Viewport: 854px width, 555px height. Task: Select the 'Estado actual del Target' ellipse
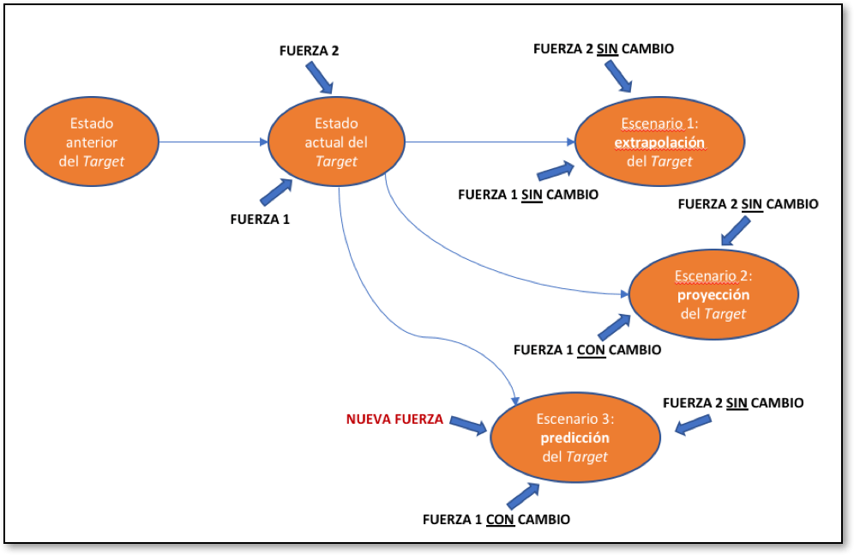click(x=336, y=142)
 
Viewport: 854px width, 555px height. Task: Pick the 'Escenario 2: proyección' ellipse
click(x=713, y=294)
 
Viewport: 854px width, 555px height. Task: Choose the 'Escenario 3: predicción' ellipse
click(x=574, y=437)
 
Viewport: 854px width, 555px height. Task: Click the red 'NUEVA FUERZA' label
click(x=394, y=419)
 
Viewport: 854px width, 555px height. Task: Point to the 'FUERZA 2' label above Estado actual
click(x=309, y=51)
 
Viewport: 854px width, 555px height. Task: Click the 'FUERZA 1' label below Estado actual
click(x=260, y=219)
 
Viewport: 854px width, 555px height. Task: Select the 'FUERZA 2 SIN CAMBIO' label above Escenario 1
click(x=604, y=48)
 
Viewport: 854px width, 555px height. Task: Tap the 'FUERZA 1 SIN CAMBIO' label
click(x=528, y=195)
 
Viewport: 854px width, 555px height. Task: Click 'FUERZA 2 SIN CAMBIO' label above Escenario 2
click(x=748, y=204)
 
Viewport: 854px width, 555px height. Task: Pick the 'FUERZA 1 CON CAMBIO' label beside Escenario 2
click(x=587, y=350)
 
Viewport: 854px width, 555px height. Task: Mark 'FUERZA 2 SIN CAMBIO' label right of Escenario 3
click(x=733, y=402)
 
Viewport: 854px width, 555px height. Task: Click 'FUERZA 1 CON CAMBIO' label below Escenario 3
click(x=496, y=519)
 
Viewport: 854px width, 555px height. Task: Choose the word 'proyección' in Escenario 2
click(x=714, y=295)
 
